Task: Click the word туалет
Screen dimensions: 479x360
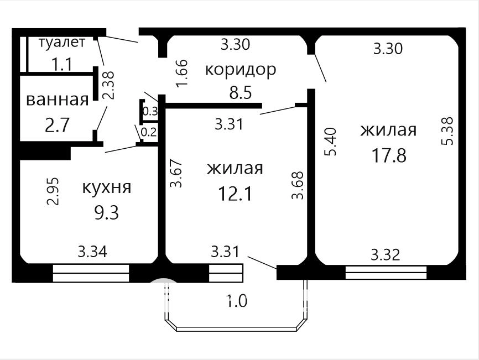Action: (x=62, y=43)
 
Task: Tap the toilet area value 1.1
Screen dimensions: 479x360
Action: (x=62, y=65)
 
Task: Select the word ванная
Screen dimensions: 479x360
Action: (x=58, y=100)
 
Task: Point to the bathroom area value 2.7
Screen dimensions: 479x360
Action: (x=58, y=125)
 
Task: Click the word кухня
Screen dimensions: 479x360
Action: (x=107, y=187)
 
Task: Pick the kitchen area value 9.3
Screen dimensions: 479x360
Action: (x=106, y=212)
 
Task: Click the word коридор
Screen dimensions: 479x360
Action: (x=241, y=70)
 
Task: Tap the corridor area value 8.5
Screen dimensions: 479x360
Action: (x=241, y=92)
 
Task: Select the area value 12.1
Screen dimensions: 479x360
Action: (x=235, y=194)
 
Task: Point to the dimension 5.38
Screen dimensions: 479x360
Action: (x=447, y=131)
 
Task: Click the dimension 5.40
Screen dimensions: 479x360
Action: (x=331, y=142)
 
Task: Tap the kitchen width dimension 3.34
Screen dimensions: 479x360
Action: (x=92, y=252)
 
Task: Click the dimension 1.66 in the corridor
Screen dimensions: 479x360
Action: (x=183, y=73)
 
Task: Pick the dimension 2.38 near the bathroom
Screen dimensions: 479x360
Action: (x=108, y=85)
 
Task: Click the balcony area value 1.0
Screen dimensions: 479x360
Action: (x=237, y=301)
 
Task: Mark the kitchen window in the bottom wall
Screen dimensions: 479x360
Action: (x=91, y=273)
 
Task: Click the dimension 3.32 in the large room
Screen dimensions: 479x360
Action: (x=386, y=255)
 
